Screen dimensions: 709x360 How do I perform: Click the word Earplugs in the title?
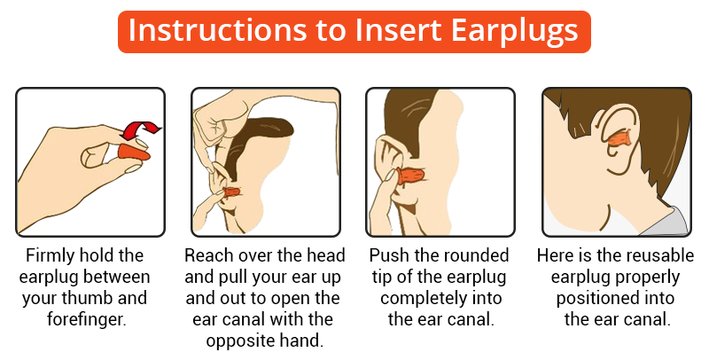point(514,31)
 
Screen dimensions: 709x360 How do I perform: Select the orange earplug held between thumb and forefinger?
point(134,153)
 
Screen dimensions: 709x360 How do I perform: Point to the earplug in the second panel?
point(230,193)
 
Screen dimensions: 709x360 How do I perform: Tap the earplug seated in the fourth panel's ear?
point(618,138)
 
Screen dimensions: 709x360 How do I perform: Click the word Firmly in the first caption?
point(50,256)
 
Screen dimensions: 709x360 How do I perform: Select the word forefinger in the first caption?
point(85,319)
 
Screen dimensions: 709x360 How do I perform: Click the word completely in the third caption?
point(425,299)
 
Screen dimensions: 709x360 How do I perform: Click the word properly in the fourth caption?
point(648,278)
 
